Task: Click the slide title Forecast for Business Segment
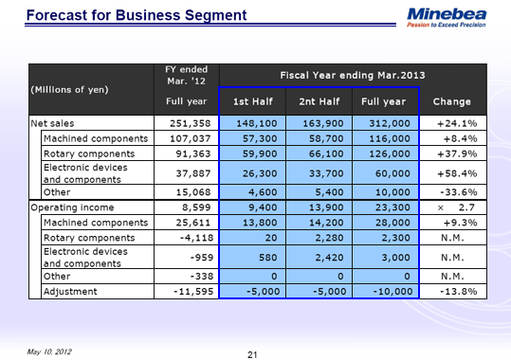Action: tap(137, 15)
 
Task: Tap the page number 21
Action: tap(252, 354)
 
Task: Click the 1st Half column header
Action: tap(249, 101)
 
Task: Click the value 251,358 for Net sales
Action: tap(187, 123)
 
